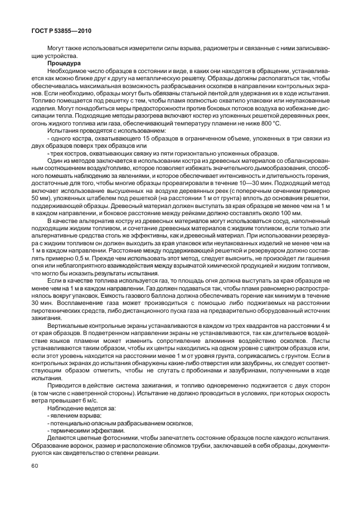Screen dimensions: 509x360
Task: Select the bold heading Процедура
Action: click(x=65, y=64)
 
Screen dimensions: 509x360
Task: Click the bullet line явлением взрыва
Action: click(x=75, y=415)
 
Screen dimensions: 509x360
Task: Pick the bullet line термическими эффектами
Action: click(x=84, y=430)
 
